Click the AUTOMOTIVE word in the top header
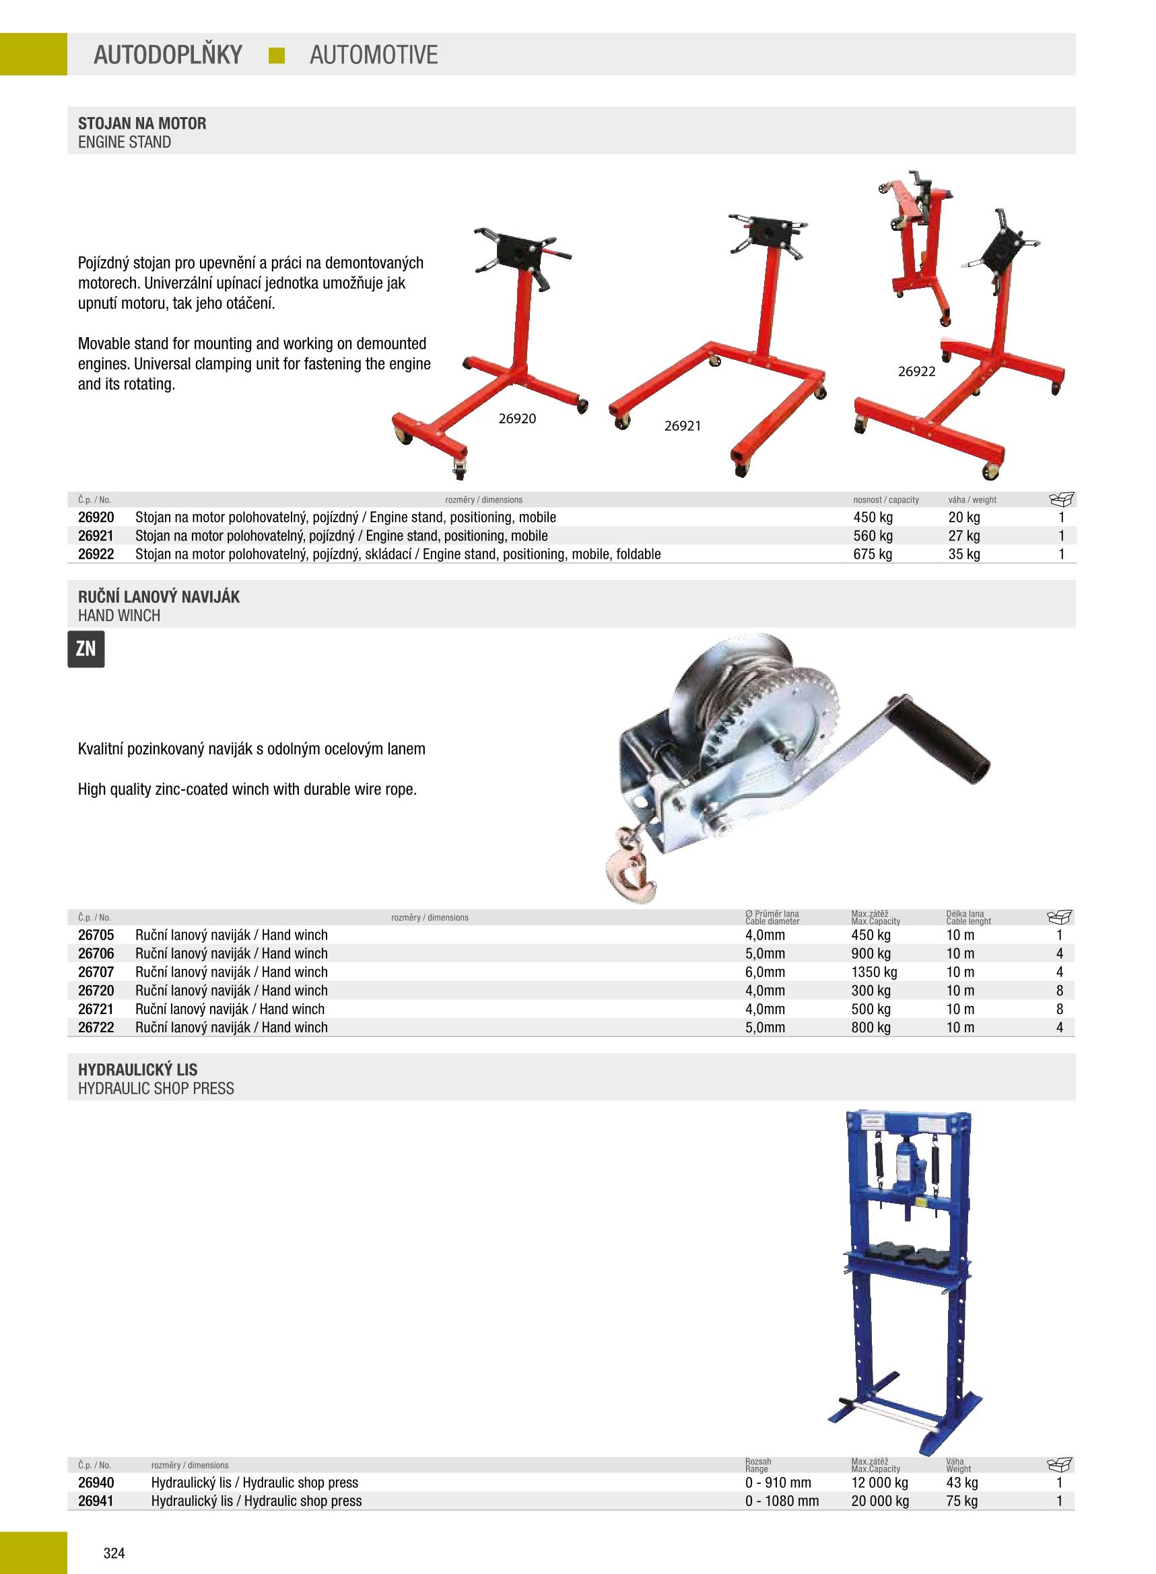point(373,55)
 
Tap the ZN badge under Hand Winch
point(86,649)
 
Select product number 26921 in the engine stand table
point(96,536)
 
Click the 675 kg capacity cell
point(873,554)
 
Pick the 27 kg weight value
point(963,536)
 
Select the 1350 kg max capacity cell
point(873,972)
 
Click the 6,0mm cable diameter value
point(765,972)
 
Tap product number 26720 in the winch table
point(96,990)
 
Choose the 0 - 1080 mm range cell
point(782,1501)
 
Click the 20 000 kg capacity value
point(879,1501)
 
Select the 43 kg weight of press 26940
point(961,1482)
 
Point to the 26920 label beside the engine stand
point(517,418)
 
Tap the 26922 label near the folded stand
point(917,371)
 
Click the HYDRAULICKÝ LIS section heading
point(138,1070)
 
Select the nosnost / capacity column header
point(885,500)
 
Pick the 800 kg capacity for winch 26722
point(871,1027)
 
